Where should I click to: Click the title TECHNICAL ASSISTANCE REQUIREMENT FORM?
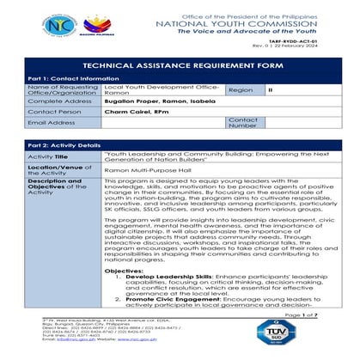180,65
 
